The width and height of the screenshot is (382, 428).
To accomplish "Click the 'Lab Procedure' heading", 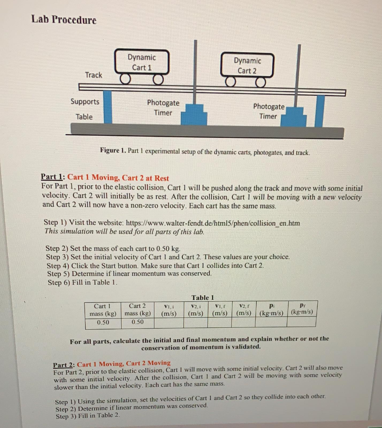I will tap(64, 20).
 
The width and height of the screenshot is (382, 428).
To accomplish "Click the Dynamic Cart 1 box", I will tap(142, 62).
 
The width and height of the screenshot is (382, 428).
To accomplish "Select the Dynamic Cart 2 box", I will tap(247, 66).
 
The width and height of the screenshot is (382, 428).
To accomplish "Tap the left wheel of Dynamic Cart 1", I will tap(124, 79).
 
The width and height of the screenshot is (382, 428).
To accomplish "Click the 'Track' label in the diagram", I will tap(93, 75).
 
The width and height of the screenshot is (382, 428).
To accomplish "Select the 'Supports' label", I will tap(85, 102).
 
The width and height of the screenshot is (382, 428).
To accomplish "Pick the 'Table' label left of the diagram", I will tap(84, 117).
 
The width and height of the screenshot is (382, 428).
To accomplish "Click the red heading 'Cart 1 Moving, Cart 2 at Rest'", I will tap(118, 178).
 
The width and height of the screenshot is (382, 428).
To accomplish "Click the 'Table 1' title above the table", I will tap(202, 298).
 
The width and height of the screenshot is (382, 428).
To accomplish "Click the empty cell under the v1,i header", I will tap(170, 322).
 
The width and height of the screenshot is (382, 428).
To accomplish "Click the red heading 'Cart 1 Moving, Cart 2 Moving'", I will tap(124, 363).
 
